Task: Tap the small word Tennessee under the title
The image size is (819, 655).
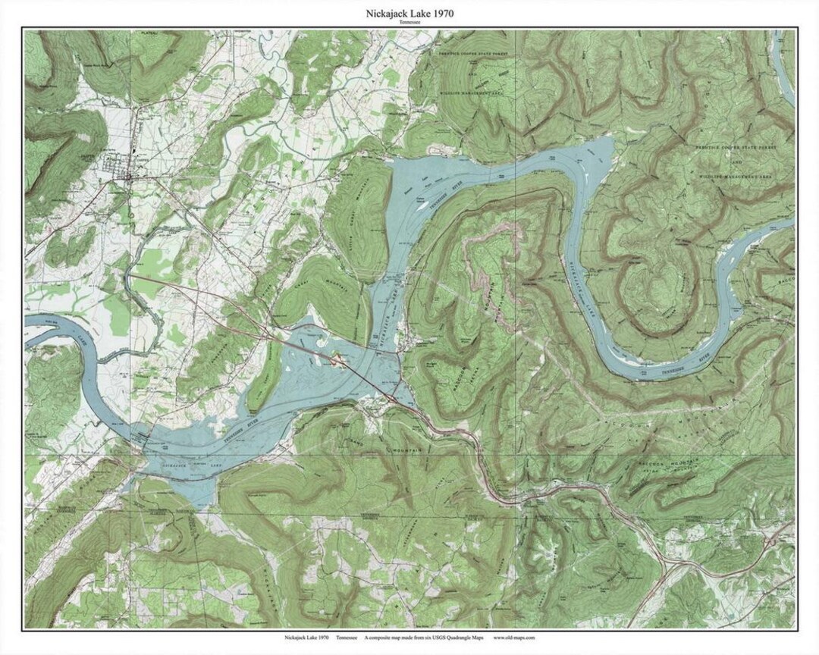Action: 409,24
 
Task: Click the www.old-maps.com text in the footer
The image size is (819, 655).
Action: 513,638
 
